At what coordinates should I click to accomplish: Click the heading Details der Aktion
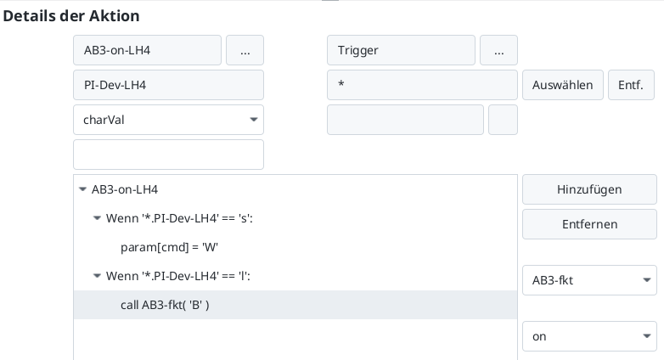click(x=71, y=16)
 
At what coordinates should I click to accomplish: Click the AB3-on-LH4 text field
click(x=147, y=50)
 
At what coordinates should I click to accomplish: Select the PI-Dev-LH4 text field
click(x=168, y=85)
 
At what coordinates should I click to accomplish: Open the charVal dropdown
click(x=168, y=120)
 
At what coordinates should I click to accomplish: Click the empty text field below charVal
click(x=168, y=155)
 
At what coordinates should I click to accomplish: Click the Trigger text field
click(x=401, y=50)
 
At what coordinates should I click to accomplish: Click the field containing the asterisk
click(x=422, y=85)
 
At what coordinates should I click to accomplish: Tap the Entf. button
click(x=631, y=85)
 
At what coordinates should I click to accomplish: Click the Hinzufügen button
click(x=589, y=189)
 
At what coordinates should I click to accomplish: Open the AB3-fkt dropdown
click(x=589, y=279)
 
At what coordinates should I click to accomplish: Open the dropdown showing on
click(x=589, y=336)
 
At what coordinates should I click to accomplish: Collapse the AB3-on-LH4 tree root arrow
click(x=82, y=190)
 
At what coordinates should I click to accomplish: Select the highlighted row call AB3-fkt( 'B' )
click(x=165, y=305)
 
